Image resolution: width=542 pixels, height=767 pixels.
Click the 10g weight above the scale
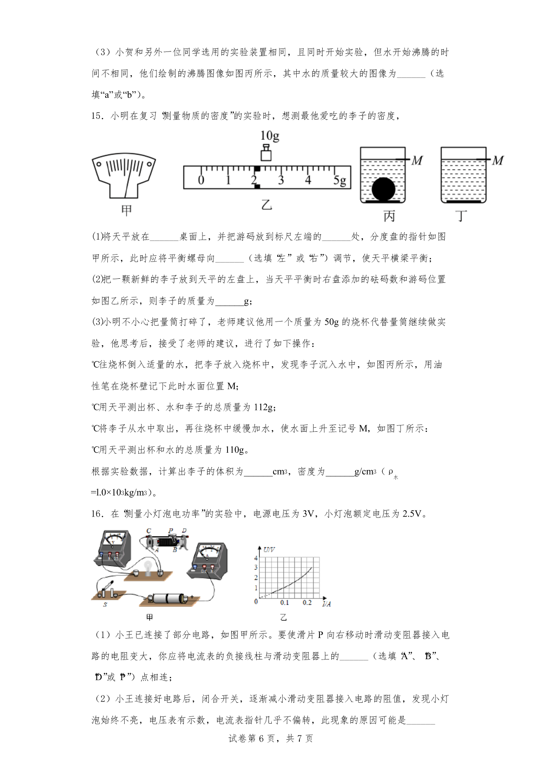click(266, 153)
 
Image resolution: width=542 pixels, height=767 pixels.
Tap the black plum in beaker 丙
click(383, 189)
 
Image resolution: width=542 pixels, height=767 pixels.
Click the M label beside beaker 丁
click(498, 160)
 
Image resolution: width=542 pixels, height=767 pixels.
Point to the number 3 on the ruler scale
click(281, 180)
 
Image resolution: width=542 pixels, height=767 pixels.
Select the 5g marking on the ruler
click(339, 180)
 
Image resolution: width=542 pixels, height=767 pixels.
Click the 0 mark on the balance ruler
click(201, 180)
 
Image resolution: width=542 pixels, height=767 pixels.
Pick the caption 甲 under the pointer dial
click(127, 210)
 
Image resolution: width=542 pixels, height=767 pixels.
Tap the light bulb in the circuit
click(147, 568)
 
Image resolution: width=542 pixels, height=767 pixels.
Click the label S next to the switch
click(105, 605)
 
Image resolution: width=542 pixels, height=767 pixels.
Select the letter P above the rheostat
click(171, 531)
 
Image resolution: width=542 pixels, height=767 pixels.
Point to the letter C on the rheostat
click(149, 531)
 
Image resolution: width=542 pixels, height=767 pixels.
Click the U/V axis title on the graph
click(268, 550)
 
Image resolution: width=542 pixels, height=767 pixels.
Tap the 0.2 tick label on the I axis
click(307, 603)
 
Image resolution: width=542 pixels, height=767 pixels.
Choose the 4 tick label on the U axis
click(256, 558)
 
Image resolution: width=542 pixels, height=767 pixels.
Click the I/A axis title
click(326, 604)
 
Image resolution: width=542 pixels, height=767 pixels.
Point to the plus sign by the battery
click(192, 597)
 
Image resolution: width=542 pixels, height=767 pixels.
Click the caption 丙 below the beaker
click(389, 216)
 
